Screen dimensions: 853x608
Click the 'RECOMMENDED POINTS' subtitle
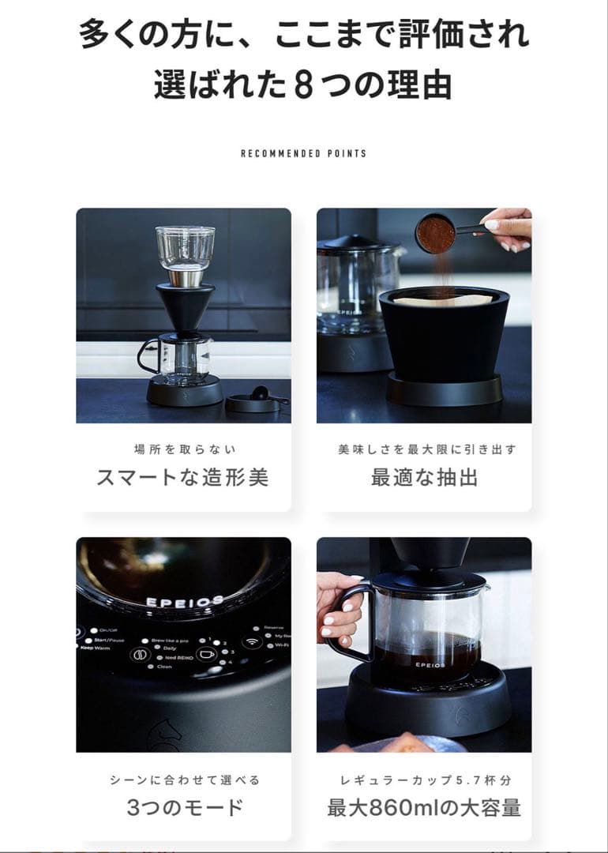(x=304, y=153)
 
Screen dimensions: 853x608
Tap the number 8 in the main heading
(x=303, y=85)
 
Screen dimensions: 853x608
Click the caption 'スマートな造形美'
(x=182, y=478)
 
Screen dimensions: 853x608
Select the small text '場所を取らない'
(x=184, y=449)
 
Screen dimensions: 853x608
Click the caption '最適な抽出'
(x=424, y=478)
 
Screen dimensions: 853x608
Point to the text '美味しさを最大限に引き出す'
(x=424, y=449)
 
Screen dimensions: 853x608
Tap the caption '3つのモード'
(x=184, y=808)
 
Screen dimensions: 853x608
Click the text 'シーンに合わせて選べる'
(x=184, y=780)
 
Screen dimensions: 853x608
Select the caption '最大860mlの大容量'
(x=424, y=808)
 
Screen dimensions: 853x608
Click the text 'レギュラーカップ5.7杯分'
(x=424, y=780)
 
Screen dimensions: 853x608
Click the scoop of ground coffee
(x=436, y=233)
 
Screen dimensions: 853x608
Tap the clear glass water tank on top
(x=185, y=246)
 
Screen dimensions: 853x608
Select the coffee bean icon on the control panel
(x=139, y=655)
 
